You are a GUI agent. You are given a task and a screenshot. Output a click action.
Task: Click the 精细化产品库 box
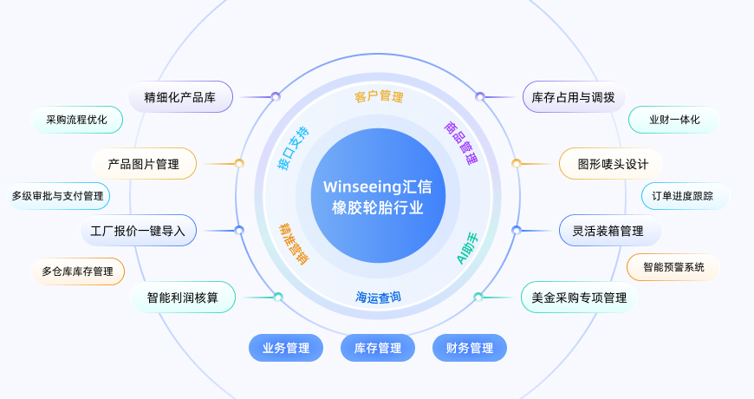[x=180, y=97]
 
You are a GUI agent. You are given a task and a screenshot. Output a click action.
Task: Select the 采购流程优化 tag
[x=76, y=120]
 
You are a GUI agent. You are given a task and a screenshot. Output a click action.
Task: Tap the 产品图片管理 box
[x=143, y=163]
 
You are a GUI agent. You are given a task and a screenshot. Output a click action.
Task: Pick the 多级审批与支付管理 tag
[x=57, y=196]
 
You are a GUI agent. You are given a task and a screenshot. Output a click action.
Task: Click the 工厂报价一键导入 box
[x=139, y=231]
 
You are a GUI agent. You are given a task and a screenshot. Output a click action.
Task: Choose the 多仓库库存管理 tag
[x=77, y=271]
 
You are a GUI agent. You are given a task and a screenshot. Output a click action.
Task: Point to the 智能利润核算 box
[x=183, y=298]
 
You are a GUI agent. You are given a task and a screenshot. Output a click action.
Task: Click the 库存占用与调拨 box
[x=574, y=97]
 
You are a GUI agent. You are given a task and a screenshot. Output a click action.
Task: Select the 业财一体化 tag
[x=674, y=120]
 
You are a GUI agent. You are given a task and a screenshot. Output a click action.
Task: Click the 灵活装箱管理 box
[x=608, y=231]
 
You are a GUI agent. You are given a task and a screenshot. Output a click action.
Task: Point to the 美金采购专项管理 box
[x=579, y=298]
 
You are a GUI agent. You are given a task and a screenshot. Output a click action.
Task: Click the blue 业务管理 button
[x=286, y=348]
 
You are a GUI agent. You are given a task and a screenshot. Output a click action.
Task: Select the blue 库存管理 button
[x=378, y=348]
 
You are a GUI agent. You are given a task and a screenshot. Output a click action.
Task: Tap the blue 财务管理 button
[x=470, y=348]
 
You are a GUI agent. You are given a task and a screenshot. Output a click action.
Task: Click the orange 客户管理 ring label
[x=379, y=96]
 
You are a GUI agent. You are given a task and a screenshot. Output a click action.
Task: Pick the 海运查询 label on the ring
[x=378, y=298]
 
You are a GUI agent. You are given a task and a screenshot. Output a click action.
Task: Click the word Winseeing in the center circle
[x=360, y=187]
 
